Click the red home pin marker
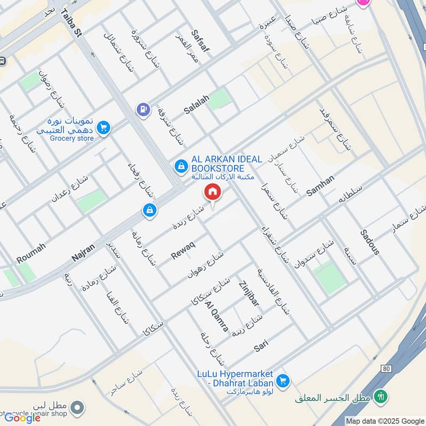tap(212, 192)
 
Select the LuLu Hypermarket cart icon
tap(283, 381)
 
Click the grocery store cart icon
tap(104, 127)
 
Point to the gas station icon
tap(143, 110)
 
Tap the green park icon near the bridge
tap(380, 396)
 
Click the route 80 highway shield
tap(386, 368)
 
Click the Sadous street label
tap(370, 242)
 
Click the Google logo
tap(22, 418)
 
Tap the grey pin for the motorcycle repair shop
tap(78, 408)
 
